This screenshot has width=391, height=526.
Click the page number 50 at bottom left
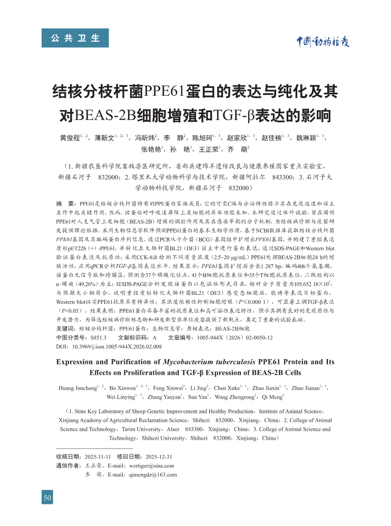click(x=47, y=498)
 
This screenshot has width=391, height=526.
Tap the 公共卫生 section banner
click(x=75, y=38)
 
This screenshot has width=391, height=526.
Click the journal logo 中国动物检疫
click(x=321, y=42)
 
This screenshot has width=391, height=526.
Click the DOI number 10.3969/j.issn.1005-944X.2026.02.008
click(x=115, y=346)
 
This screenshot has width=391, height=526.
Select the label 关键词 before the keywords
click(x=66, y=329)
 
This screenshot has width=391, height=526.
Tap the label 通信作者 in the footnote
click(x=67, y=466)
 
